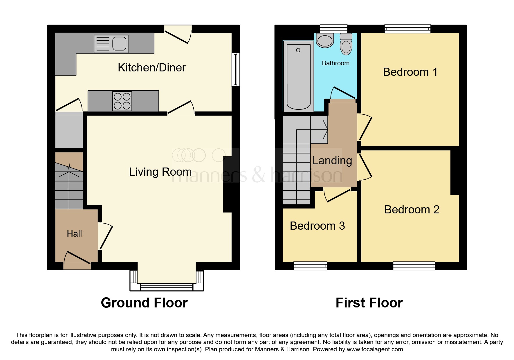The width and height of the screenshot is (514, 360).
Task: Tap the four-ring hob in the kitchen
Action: [122, 101]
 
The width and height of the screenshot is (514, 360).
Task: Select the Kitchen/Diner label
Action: [152, 68]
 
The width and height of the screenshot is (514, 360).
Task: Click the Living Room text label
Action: [160, 172]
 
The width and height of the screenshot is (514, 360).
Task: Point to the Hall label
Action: [74, 234]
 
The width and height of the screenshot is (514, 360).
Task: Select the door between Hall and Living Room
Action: [106, 236]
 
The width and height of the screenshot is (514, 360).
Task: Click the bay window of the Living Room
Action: [167, 287]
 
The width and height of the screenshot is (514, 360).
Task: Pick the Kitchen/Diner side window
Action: [235, 69]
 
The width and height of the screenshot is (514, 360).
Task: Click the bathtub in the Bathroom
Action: [298, 76]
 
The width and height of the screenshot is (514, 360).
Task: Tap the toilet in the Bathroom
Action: [346, 45]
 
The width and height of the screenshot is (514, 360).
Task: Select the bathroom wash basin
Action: [325, 41]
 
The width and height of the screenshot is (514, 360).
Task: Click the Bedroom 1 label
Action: [410, 72]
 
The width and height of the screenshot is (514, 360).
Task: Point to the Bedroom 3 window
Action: [310, 265]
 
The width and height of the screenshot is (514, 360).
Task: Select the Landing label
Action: [332, 161]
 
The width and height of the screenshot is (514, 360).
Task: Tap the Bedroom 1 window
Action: [407, 28]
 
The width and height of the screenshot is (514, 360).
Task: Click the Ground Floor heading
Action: [144, 303]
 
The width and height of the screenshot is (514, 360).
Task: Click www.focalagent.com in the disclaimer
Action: [375, 349]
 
